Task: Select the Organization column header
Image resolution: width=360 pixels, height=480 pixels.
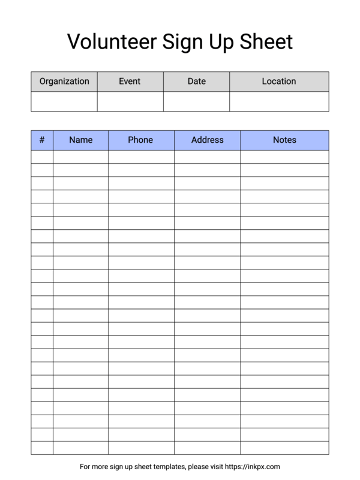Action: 64,82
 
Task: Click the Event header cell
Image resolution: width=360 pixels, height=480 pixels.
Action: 130,82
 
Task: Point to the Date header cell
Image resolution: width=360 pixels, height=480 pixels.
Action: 196,82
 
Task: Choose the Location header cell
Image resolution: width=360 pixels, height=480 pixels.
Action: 279,82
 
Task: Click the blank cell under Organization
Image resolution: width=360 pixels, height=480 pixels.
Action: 64,101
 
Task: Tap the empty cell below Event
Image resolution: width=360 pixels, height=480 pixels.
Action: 130,101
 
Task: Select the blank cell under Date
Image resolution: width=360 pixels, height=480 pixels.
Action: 196,101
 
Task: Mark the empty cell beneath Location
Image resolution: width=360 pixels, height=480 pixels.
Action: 279,101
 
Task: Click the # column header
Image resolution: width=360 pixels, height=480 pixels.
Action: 42,140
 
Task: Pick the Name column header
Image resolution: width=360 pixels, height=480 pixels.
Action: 80,140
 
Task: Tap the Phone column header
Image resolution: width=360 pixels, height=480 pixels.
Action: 141,140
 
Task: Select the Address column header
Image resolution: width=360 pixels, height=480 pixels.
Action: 208,140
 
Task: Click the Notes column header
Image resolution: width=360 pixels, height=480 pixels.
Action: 284,140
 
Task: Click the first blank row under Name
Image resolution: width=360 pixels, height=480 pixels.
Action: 80,157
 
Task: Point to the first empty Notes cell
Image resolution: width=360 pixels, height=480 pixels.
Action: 284,157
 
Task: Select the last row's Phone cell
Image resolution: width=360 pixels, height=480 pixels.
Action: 141,448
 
